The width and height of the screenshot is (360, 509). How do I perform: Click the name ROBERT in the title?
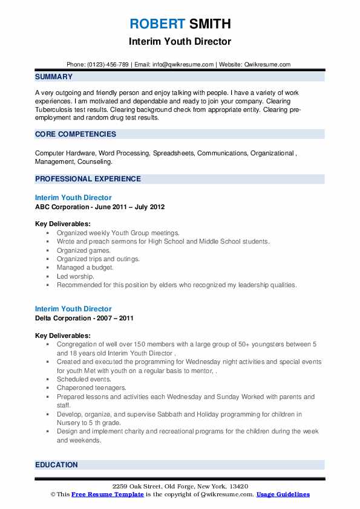point(157,24)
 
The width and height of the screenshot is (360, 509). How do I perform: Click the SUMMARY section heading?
point(54,77)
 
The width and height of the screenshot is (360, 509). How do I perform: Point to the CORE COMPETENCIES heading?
point(75,134)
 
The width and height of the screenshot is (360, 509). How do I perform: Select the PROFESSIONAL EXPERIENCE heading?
point(88,179)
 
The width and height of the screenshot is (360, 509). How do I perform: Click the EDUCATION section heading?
point(56,465)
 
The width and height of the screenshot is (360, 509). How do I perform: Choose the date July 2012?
point(149,207)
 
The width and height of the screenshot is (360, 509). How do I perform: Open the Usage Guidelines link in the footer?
point(283,494)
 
